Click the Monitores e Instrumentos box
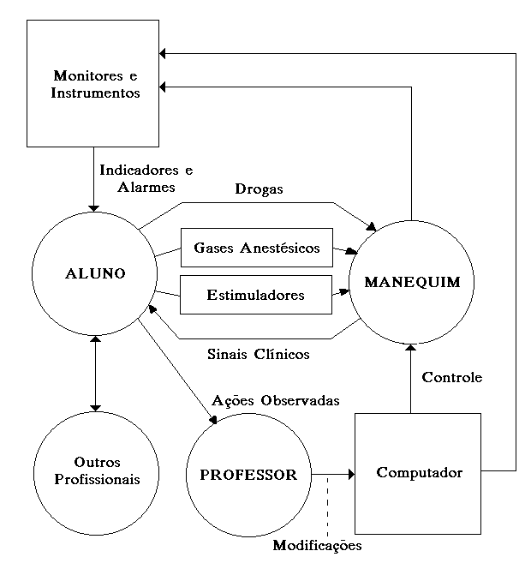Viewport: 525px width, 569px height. (x=94, y=82)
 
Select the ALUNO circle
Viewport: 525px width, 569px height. (x=95, y=273)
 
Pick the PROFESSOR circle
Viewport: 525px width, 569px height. (x=248, y=474)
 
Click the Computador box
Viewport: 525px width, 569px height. (x=419, y=472)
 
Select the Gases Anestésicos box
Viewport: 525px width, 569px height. (x=256, y=249)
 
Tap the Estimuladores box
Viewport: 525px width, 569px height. (x=256, y=295)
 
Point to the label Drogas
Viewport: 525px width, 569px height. (x=259, y=189)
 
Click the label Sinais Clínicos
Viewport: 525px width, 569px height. (x=258, y=353)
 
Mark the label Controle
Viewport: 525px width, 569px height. (x=452, y=377)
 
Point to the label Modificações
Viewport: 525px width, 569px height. (x=317, y=545)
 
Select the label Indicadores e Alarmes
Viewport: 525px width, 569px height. (x=145, y=178)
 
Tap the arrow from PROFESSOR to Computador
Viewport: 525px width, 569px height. (x=334, y=473)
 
